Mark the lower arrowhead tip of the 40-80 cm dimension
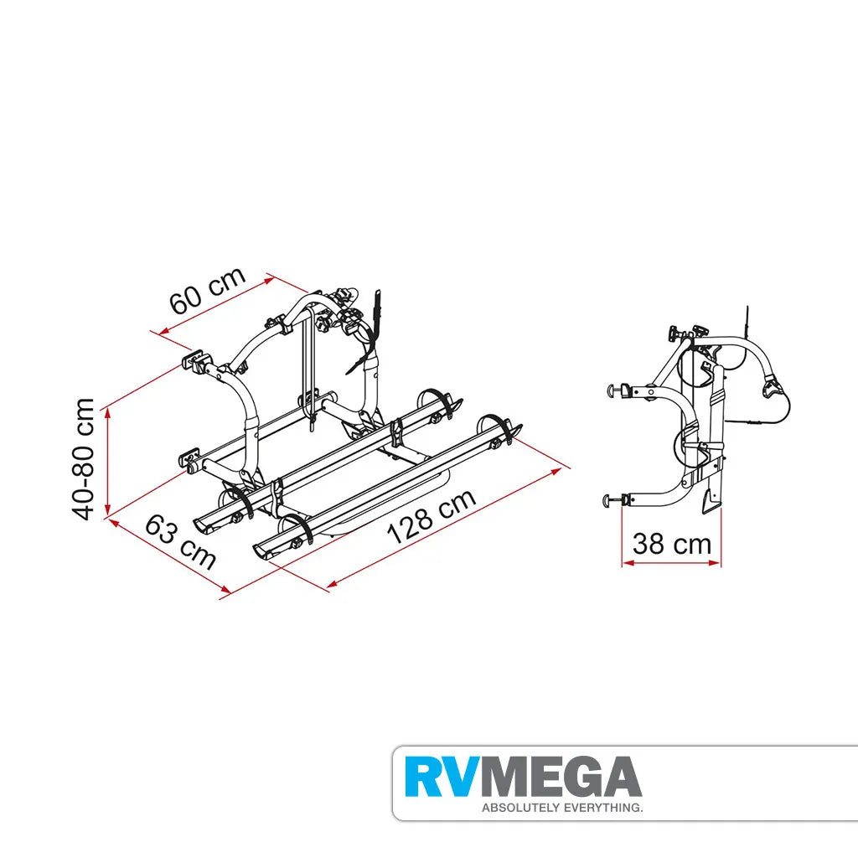coord(108,514)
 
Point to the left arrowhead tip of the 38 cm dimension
coord(623,562)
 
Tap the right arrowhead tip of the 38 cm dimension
coord(721,562)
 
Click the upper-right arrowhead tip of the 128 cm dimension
coord(563,468)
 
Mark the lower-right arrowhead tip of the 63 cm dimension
coord(230,592)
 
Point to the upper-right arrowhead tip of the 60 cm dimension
coord(274,278)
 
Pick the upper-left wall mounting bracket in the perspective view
coord(195,362)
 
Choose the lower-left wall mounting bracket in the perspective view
coord(191,461)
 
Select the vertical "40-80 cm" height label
coord(84,459)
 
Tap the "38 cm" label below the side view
coord(671,543)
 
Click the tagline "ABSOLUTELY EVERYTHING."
coord(562,808)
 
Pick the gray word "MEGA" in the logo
coord(556,777)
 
